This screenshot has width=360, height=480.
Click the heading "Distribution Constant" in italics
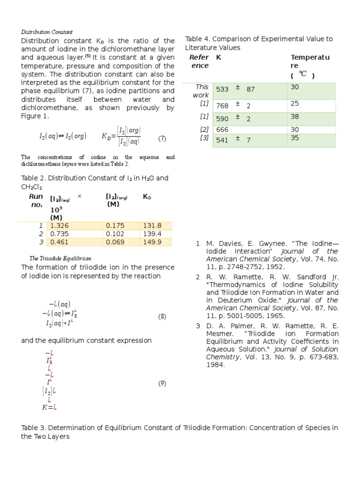pos(47,32)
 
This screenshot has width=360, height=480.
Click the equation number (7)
pos(162,138)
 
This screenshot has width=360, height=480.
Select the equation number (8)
pos(162,316)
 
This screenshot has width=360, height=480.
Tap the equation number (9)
pos(162,383)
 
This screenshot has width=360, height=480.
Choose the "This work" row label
pos(202,91)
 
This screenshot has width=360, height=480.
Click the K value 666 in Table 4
pos(222,129)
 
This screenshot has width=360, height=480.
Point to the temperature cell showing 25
pos(295,103)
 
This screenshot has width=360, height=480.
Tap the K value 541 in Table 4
pos(222,140)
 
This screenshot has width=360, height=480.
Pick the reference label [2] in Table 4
pos(204,129)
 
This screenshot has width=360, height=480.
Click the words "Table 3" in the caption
pos(34,427)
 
